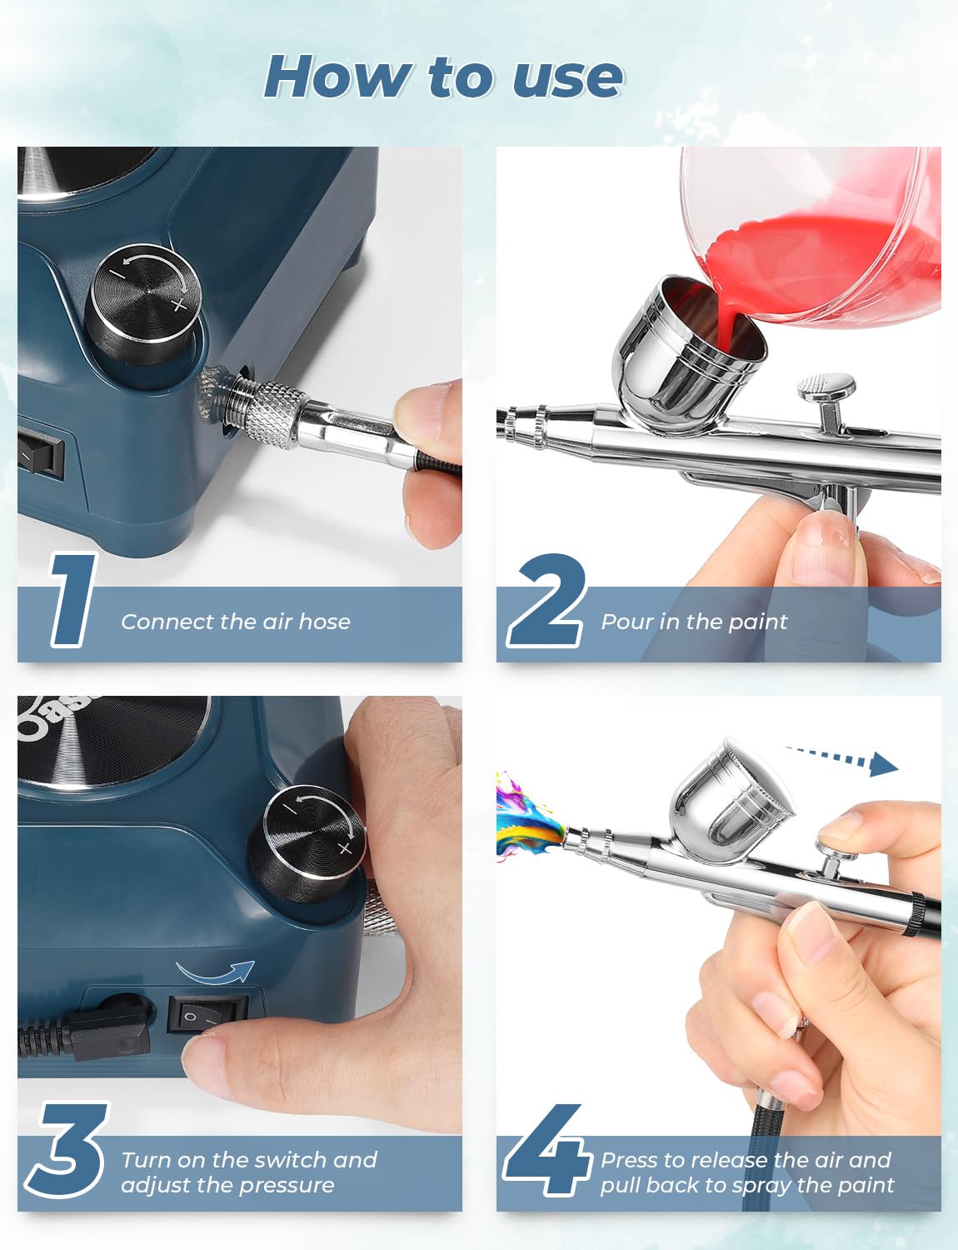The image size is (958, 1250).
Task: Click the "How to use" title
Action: pyautogui.click(x=443, y=77)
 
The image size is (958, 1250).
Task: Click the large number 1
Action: pyautogui.click(x=75, y=600)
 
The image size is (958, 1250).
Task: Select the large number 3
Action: pyautogui.click(x=67, y=1150)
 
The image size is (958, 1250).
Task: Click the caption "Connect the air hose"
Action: pyautogui.click(x=235, y=622)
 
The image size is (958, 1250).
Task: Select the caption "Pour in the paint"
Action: pyautogui.click(x=694, y=622)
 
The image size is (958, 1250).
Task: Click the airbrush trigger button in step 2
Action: pyautogui.click(x=827, y=387)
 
